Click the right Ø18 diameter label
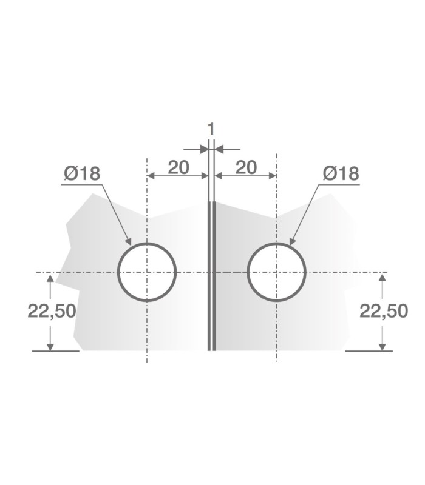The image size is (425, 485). pyautogui.click(x=341, y=173)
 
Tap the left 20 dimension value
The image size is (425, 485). pyautogui.click(x=178, y=167)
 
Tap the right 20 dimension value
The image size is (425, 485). pyautogui.click(x=246, y=167)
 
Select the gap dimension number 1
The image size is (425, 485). pyautogui.click(x=211, y=129)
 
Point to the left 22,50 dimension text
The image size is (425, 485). pyautogui.click(x=52, y=311)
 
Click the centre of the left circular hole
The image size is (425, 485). pyautogui.click(x=146, y=272)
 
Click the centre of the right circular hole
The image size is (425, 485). pyautogui.click(x=277, y=272)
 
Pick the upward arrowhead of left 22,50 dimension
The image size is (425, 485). pyautogui.click(x=50, y=278)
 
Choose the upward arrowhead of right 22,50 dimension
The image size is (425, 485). pyautogui.click(x=382, y=278)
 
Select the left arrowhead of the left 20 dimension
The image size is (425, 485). pyautogui.click(x=152, y=176)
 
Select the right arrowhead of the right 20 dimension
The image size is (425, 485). pyautogui.click(x=272, y=176)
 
